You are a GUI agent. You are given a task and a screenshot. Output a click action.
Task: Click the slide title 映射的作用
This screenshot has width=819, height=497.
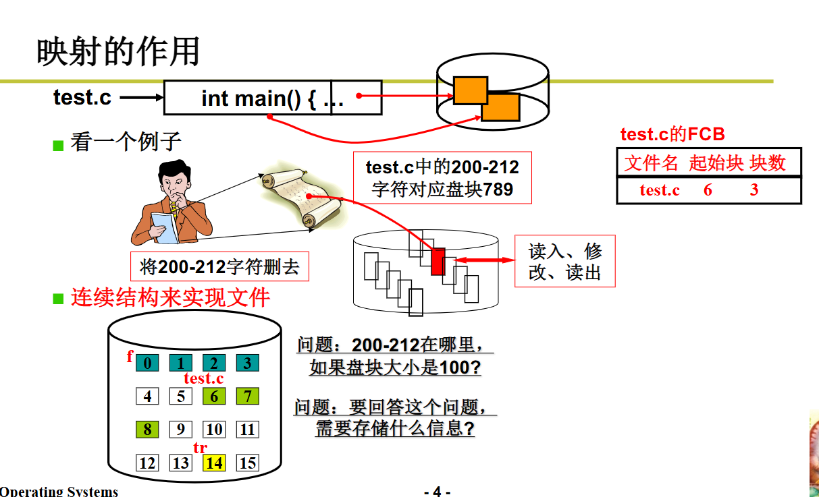point(118,52)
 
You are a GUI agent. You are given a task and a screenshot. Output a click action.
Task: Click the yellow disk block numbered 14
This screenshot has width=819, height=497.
point(214,463)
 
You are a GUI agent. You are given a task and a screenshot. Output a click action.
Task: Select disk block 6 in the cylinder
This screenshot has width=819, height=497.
point(214,396)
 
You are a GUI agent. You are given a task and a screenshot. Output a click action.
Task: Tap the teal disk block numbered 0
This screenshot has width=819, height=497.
point(147,363)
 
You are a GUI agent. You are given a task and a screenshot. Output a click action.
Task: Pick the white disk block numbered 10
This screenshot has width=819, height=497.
point(214,430)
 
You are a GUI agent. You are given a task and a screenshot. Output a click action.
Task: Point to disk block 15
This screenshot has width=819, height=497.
point(248,463)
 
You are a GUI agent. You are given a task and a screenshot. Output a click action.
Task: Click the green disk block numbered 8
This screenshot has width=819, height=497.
point(147,430)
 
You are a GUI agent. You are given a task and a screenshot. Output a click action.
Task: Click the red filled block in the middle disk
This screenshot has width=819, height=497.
point(438,262)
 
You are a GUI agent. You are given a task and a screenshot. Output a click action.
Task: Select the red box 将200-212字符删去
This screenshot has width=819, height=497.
point(219,267)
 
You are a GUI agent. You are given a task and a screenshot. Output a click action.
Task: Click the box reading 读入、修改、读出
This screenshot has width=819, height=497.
point(564,261)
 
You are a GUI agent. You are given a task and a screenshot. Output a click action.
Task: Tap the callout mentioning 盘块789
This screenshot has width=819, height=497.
point(442,177)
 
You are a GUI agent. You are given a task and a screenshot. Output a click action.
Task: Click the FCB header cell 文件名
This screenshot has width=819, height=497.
point(651,163)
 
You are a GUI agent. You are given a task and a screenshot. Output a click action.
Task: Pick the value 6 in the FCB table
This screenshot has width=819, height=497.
point(708,189)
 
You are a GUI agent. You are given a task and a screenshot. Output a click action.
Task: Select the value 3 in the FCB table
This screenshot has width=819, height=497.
point(754,189)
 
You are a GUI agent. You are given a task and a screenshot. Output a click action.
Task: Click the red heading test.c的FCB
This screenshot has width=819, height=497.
point(672,134)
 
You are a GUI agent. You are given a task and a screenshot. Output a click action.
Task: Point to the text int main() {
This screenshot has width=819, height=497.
point(259,98)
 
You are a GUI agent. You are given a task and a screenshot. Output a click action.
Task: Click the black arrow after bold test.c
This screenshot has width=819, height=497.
point(142,98)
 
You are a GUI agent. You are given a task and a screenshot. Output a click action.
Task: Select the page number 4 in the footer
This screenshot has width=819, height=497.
point(437,492)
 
